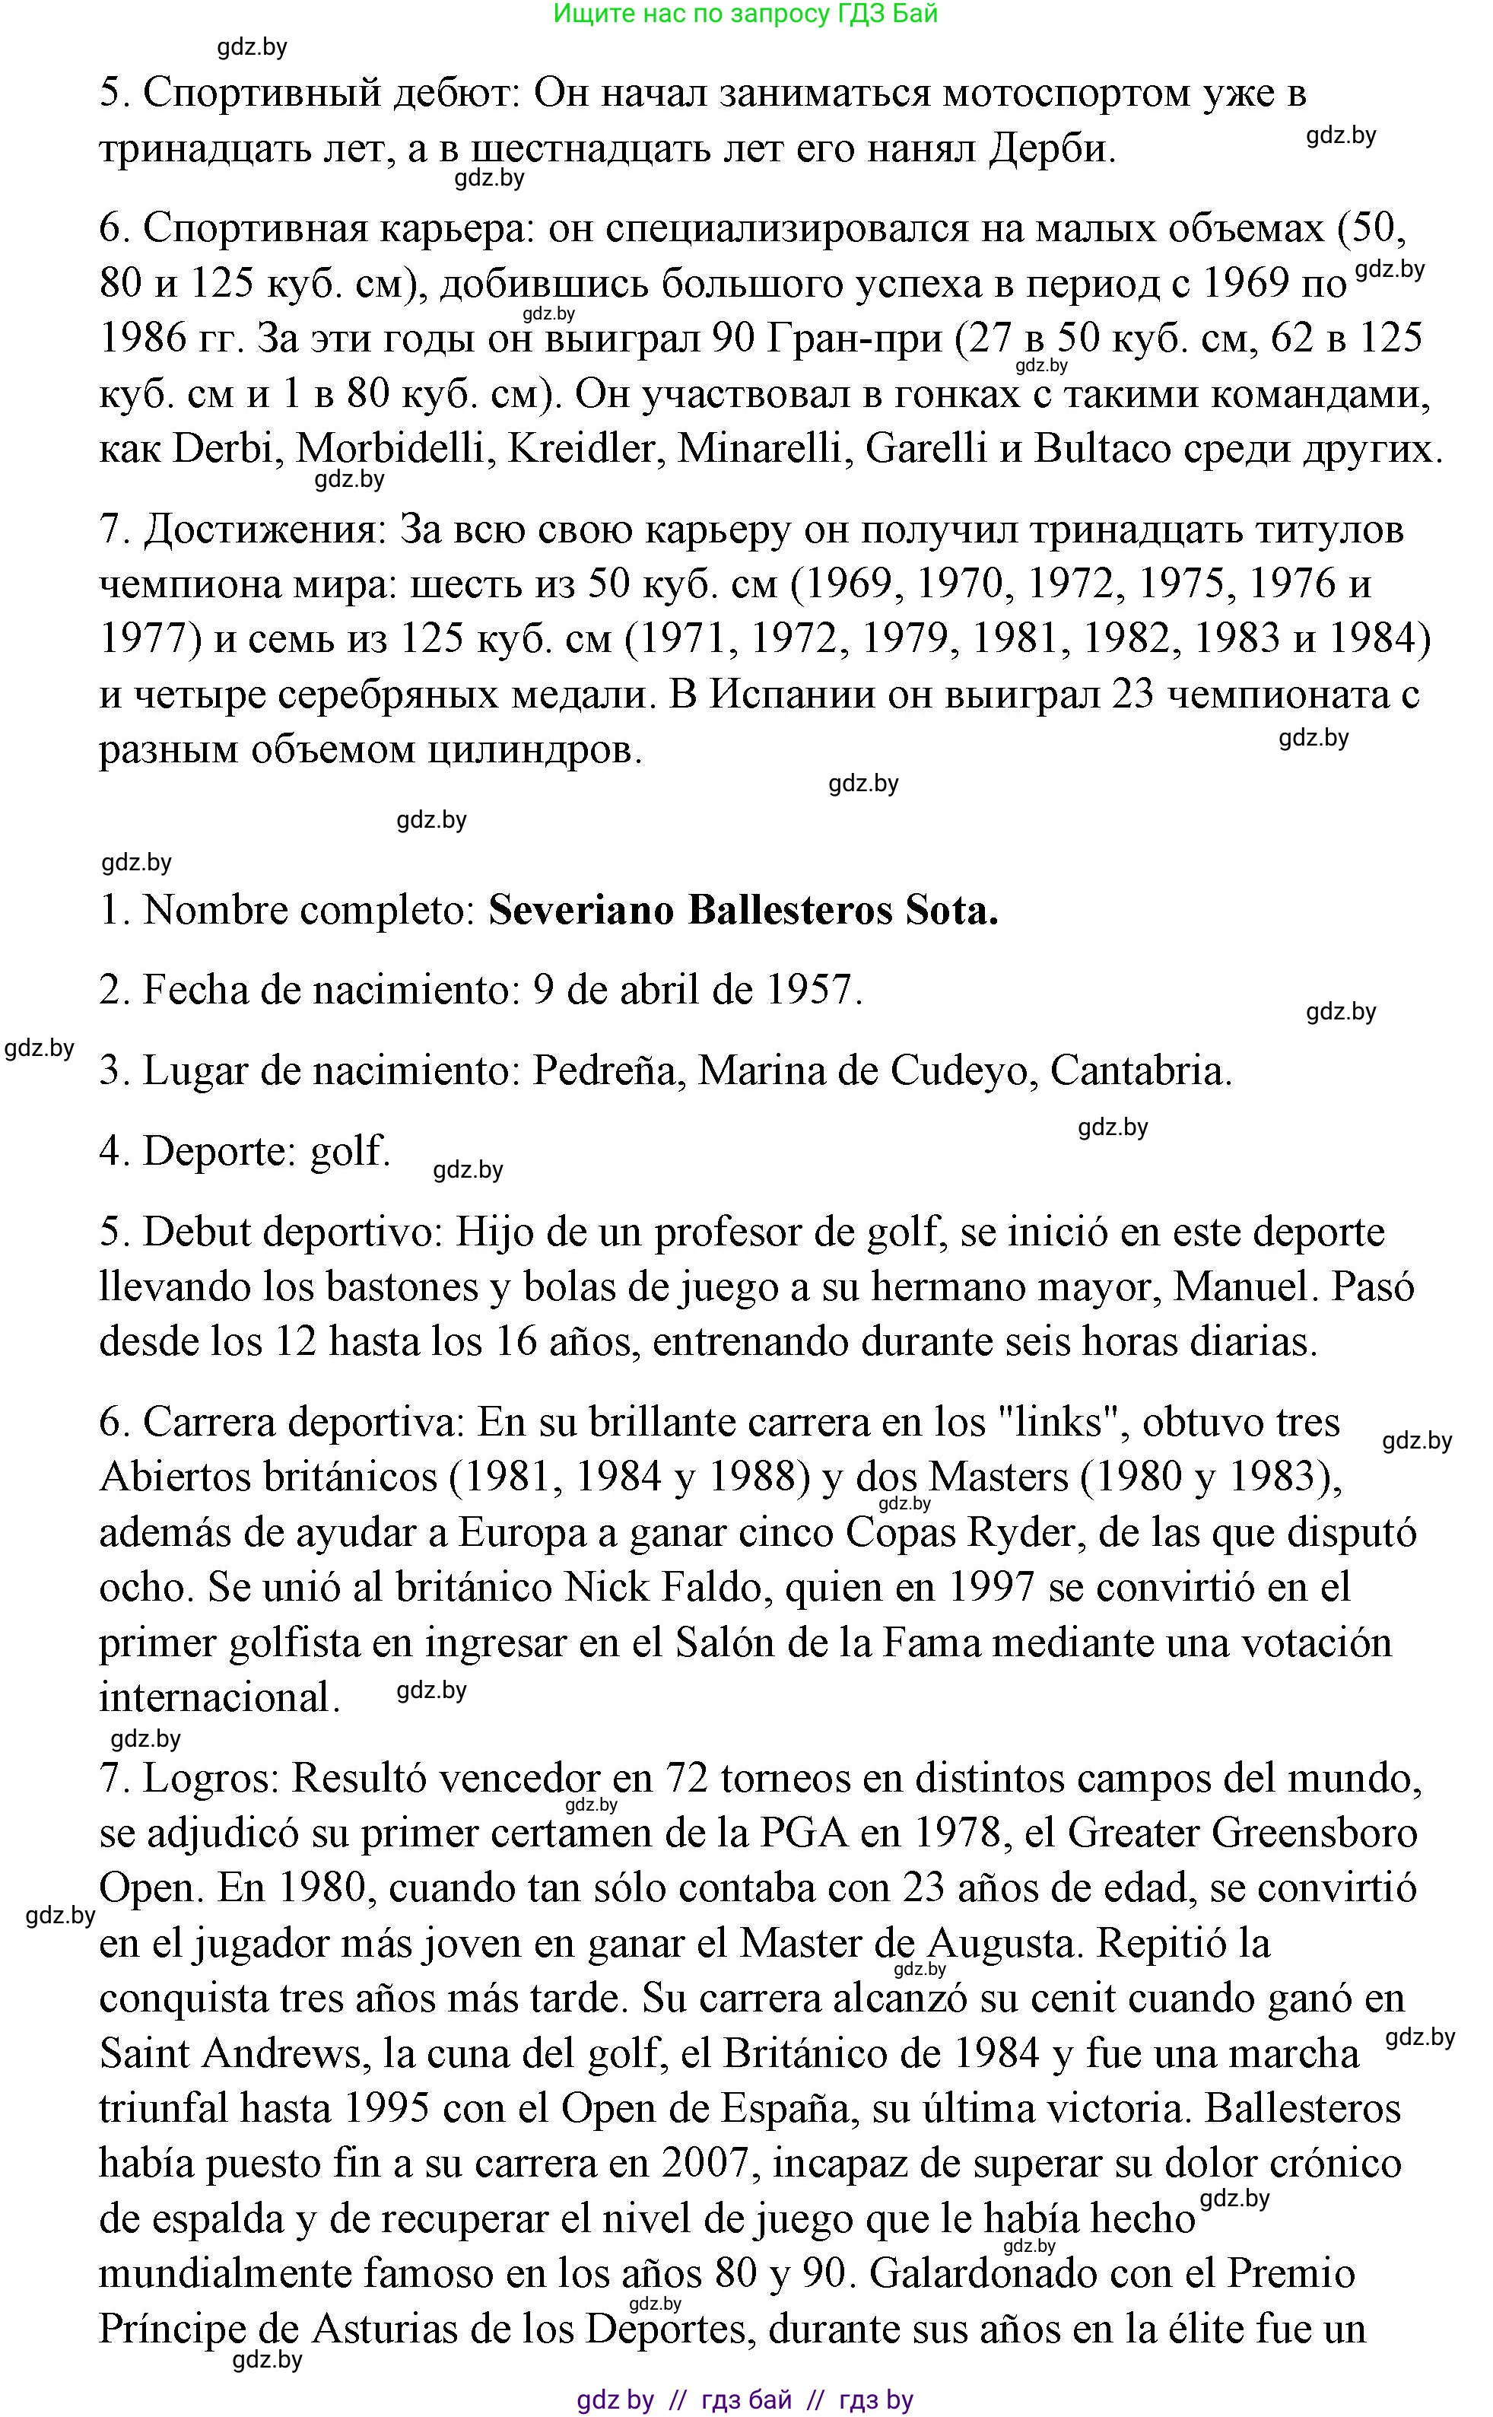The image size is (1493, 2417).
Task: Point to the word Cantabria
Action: coord(1141,1070)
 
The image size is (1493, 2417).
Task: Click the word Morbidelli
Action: coord(391,450)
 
